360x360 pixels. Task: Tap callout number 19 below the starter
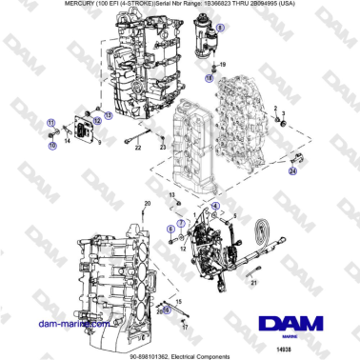pyautogui.click(x=224, y=65)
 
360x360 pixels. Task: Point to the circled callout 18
pyautogui.click(x=211, y=81)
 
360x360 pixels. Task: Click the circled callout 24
pyautogui.click(x=292, y=171)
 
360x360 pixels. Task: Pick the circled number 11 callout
pyautogui.click(x=51, y=125)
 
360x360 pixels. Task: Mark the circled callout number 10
pyautogui.click(x=51, y=147)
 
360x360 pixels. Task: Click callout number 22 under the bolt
pyautogui.click(x=135, y=150)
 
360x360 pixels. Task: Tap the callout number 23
pyautogui.click(x=163, y=150)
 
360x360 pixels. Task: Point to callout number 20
pyautogui.click(x=147, y=204)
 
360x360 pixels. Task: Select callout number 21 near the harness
pyautogui.click(x=254, y=283)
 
